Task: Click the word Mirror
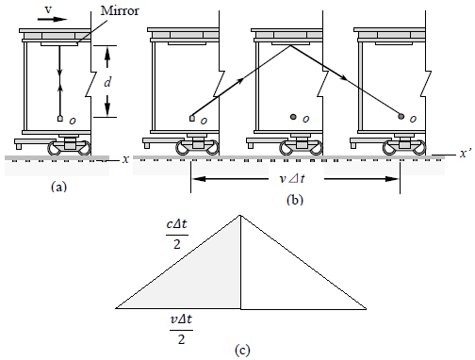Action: point(120,10)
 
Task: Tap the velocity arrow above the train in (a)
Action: point(52,19)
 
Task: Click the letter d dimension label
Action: point(107,82)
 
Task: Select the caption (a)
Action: point(58,187)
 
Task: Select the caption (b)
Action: point(295,200)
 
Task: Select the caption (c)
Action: point(242,350)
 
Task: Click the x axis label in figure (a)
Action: point(125,159)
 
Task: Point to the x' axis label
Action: point(465,153)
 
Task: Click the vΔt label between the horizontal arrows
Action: point(292,178)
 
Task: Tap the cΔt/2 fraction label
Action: point(177,234)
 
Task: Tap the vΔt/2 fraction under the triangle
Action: point(181,330)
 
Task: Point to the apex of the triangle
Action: point(240,216)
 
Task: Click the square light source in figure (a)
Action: point(60,119)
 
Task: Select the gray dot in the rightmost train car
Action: point(401,116)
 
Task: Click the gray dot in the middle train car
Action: point(293,117)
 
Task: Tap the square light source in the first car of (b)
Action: point(192,118)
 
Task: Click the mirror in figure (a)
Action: point(59,44)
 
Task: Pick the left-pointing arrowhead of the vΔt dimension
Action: point(199,179)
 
